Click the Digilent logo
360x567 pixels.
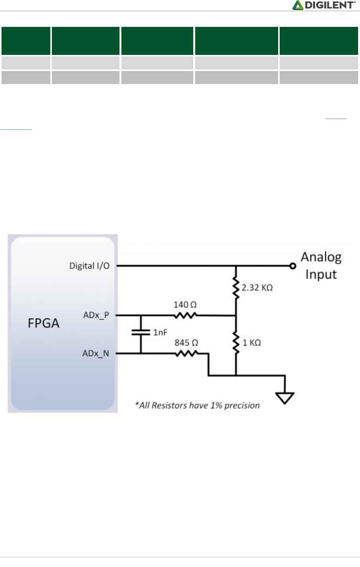click(x=323, y=5)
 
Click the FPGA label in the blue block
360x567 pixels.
click(x=43, y=323)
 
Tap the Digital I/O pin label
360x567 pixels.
click(x=89, y=266)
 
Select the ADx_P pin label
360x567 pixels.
click(x=96, y=315)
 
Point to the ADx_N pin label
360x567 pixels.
click(x=96, y=353)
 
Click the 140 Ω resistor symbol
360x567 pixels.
click(x=186, y=316)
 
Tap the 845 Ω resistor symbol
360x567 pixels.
click(x=186, y=354)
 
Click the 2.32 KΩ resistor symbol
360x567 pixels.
click(x=236, y=287)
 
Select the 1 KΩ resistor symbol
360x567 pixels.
click(x=236, y=343)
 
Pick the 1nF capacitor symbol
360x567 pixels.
click(x=141, y=332)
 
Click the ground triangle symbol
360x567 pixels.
click(x=285, y=398)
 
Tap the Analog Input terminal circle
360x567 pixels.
click(x=293, y=266)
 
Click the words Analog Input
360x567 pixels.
click(x=321, y=266)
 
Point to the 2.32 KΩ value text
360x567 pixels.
click(x=257, y=288)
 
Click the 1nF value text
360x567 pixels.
click(x=160, y=332)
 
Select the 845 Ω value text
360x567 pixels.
click(x=186, y=342)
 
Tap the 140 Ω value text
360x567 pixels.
click(x=185, y=305)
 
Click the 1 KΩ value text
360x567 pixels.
click(x=252, y=343)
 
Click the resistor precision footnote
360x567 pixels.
click(x=197, y=405)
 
